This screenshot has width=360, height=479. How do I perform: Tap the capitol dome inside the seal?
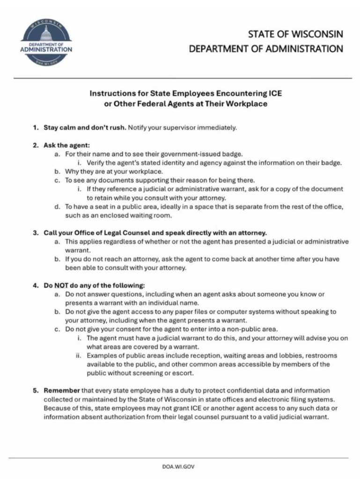pos(46,33)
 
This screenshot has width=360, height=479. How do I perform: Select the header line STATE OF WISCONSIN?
pos(295,34)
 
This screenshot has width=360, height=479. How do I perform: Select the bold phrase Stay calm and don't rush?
pos(85,127)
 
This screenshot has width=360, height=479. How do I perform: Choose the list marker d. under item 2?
pos(57,206)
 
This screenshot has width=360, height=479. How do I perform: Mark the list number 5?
pos(36,391)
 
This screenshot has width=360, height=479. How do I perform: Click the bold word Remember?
pos(62,391)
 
